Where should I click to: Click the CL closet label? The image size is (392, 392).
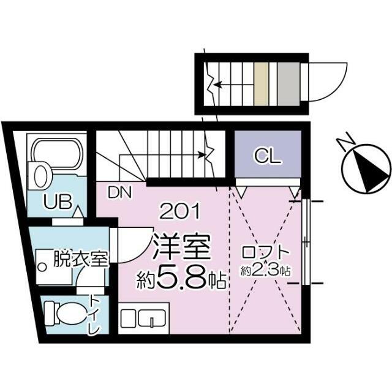click(x=268, y=156)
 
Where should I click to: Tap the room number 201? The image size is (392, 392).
click(x=179, y=212)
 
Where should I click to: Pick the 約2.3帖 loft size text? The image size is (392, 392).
click(x=266, y=270)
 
